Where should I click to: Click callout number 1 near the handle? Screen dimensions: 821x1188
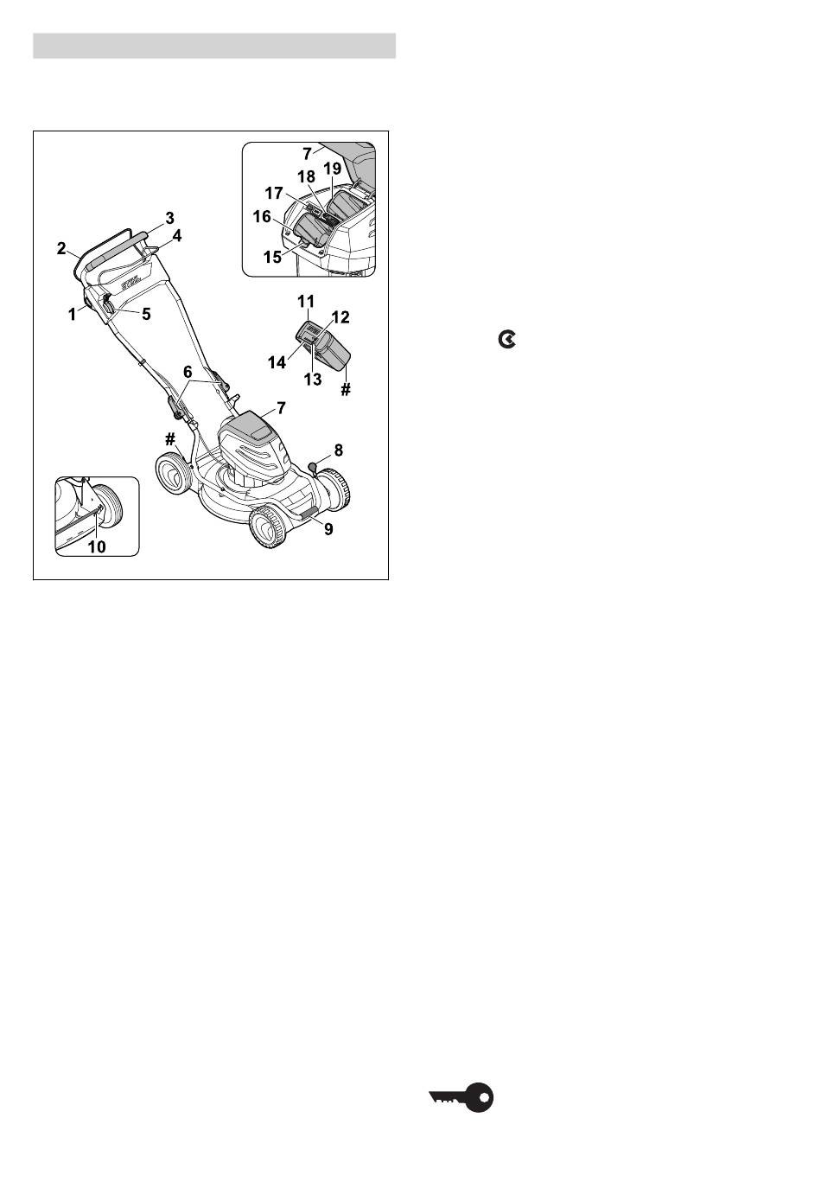72,315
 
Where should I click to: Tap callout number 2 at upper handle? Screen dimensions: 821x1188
62,248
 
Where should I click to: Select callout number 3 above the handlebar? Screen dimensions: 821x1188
169,218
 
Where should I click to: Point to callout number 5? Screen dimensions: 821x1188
146,314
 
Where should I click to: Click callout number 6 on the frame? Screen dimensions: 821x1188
188,373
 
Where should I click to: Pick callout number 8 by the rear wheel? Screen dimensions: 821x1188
338,450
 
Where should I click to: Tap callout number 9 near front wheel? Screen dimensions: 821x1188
328,529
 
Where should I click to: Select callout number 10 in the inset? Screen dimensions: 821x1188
97,546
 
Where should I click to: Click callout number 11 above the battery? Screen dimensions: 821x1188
306,301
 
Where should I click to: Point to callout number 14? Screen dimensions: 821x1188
277,363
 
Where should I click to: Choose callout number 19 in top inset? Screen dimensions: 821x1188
333,169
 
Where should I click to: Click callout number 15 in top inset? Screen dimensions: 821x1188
272,257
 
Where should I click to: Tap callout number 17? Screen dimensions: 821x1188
274,193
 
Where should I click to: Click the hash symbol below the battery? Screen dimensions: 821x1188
345,390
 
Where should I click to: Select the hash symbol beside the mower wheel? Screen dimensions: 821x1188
169,439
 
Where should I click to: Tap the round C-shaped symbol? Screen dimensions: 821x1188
507,340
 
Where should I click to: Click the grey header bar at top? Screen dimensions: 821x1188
214,46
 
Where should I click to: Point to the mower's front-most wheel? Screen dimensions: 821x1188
270,526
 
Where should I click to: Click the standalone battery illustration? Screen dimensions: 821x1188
323,343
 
